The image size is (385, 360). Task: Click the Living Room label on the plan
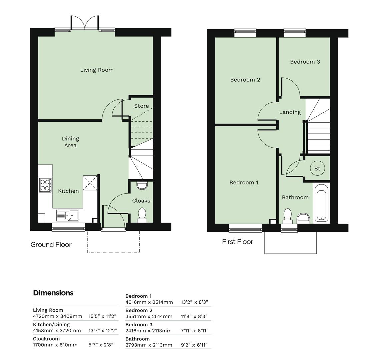coord(97,70)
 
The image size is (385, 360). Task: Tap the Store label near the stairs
coord(141,106)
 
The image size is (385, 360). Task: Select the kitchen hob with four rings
coord(45,185)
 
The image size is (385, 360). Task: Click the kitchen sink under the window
coord(67,215)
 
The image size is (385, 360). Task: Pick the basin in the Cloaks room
coord(142,185)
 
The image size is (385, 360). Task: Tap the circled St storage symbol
coord(317,169)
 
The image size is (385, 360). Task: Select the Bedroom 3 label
coord(305,62)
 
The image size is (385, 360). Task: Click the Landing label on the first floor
coord(290,112)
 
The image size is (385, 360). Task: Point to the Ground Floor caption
coord(51,245)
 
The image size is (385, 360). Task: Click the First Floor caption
coord(237,242)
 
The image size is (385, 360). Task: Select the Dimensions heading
coord(53,293)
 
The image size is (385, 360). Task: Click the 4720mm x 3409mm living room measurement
coord(57,316)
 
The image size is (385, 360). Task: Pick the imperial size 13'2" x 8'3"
coord(195,302)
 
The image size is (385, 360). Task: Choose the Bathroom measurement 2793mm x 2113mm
coord(149,345)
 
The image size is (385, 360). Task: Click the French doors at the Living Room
coord(85,23)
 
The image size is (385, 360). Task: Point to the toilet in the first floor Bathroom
coord(287,216)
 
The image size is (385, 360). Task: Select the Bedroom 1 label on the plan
coord(244,183)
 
